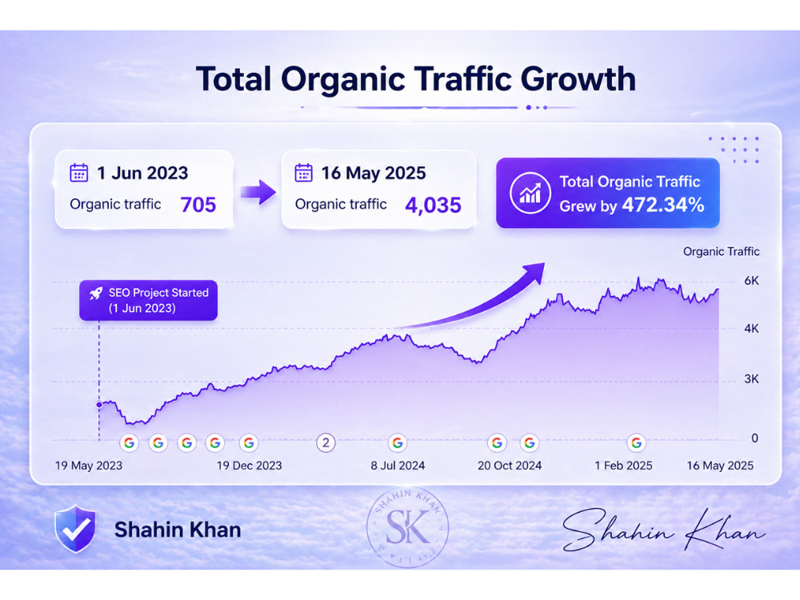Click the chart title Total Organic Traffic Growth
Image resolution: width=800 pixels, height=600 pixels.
click(x=416, y=79)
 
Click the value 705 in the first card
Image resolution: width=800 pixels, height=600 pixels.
click(x=198, y=205)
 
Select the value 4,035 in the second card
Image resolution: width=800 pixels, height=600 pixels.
click(x=433, y=205)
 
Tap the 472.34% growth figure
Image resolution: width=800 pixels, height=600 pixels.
click(x=663, y=205)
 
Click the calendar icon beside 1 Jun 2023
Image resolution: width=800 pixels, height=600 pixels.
click(x=78, y=173)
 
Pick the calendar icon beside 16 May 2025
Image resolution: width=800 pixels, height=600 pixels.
click(x=303, y=173)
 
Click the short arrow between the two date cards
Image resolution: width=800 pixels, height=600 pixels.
click(x=258, y=192)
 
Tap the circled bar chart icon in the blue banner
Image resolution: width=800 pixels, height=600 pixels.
click(x=530, y=193)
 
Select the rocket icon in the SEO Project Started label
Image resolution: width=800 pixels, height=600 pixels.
click(x=95, y=294)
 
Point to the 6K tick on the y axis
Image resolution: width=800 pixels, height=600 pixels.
click(x=751, y=281)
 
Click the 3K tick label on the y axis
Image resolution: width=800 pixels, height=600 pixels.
click(x=751, y=379)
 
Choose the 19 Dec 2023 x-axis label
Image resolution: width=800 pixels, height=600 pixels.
click(x=249, y=466)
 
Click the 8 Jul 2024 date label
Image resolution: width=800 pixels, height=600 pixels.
click(x=398, y=466)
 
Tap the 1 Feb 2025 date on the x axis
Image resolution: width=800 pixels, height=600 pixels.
click(x=623, y=466)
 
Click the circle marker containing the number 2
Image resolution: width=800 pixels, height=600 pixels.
click(x=326, y=443)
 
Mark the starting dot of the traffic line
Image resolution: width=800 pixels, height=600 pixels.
click(x=99, y=405)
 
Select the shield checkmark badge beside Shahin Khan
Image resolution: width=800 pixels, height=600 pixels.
click(x=75, y=529)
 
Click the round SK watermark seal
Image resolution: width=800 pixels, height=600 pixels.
click(x=408, y=527)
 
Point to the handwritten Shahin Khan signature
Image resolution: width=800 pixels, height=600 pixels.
click(x=663, y=530)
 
